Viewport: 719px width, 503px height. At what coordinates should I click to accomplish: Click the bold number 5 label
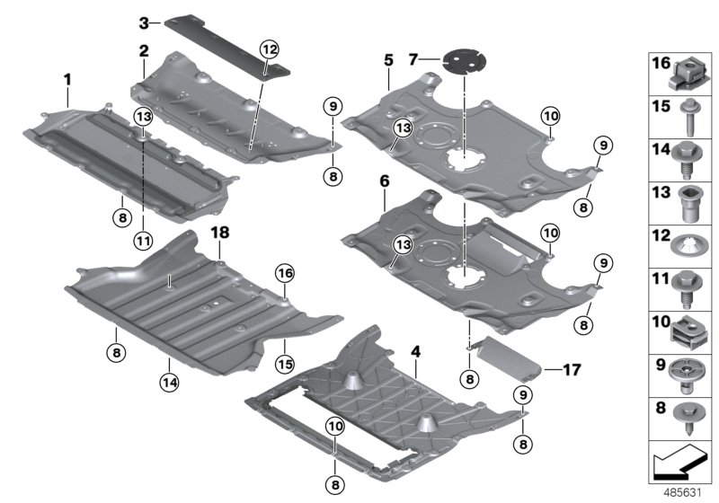(x=387, y=60)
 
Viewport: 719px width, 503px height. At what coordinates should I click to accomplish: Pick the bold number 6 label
(x=384, y=181)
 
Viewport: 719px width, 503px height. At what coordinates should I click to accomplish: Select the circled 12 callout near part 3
(x=269, y=48)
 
